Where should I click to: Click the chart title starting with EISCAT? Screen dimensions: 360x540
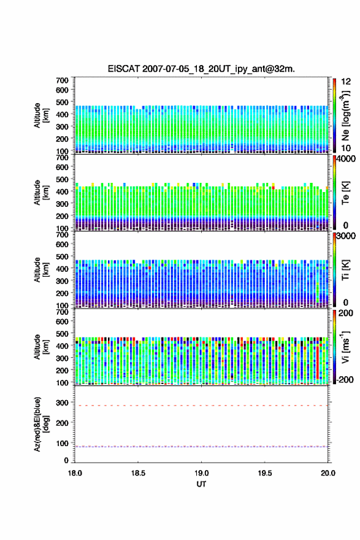201,69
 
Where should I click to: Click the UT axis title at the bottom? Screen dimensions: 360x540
201,484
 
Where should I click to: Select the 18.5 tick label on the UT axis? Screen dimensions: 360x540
138,473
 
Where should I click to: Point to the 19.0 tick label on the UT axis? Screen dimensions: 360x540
201,473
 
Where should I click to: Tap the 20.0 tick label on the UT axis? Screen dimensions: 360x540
327,473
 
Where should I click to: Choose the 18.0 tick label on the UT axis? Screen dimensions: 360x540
75,473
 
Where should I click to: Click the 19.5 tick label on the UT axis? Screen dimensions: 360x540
265,473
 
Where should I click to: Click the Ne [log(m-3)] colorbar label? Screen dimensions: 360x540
347,116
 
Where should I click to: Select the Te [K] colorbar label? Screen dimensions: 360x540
345,193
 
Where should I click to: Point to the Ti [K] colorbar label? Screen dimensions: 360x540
345,269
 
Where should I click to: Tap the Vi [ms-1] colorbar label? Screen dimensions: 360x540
346,347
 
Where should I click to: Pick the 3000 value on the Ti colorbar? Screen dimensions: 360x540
345,236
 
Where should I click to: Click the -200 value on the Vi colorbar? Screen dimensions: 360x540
344,380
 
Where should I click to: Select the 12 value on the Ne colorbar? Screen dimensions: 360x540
346,82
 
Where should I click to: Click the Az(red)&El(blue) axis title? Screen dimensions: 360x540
40,424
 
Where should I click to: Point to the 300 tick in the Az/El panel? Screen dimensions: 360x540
63,403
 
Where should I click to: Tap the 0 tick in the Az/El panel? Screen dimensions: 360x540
66,460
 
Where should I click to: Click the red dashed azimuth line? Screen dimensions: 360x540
201,406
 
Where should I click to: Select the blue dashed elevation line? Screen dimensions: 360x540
201,447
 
